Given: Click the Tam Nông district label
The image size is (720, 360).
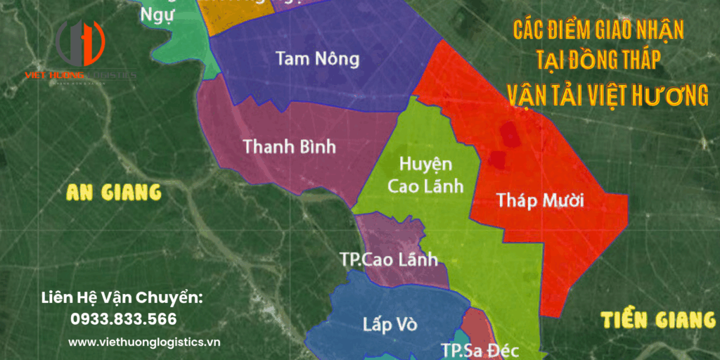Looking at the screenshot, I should (x=317, y=58).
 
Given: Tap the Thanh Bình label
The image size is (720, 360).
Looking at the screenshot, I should (x=289, y=147).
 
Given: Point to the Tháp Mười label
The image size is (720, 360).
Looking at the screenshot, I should (x=541, y=200).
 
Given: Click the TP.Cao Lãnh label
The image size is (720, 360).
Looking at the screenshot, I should (x=389, y=259).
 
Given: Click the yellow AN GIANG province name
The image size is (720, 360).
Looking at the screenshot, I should (x=113, y=192).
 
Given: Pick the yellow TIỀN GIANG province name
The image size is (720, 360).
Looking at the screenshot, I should (x=658, y=320).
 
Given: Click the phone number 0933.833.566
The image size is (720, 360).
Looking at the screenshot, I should (x=123, y=319).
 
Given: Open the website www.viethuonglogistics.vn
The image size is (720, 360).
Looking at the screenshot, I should (x=144, y=342).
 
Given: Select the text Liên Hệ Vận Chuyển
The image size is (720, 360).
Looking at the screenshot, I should (x=122, y=298).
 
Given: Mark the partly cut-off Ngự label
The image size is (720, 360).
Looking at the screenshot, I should (x=157, y=15).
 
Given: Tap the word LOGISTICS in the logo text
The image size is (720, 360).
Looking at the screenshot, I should (x=112, y=75).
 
